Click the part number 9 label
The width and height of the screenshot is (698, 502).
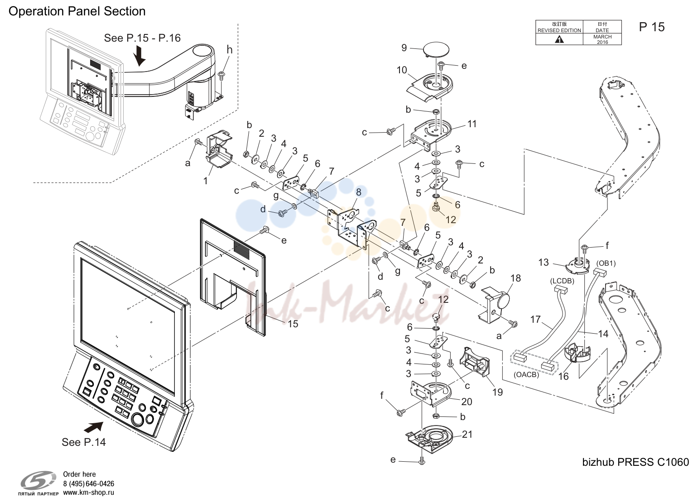pyautogui.click(x=404, y=48)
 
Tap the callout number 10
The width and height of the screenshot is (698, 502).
pyautogui.click(x=402, y=70)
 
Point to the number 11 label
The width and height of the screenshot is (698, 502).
pyautogui.click(x=472, y=124)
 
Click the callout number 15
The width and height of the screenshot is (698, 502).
pyautogui.click(x=293, y=324)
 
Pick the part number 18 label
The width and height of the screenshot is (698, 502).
pyautogui.click(x=516, y=278)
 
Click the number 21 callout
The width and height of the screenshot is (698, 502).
pyautogui.click(x=467, y=434)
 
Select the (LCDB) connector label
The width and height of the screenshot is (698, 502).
pyautogui.click(x=562, y=281)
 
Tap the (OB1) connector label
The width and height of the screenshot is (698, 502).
pyautogui.click(x=606, y=263)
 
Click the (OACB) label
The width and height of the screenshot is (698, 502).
pyautogui.click(x=526, y=375)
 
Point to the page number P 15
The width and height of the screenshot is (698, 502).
pyautogui.click(x=652, y=27)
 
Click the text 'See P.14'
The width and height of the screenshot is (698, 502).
pyautogui.click(x=83, y=442)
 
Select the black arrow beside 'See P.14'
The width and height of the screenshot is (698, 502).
pyautogui.click(x=93, y=427)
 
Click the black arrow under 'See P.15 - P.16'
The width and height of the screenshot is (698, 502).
pyautogui.click(x=140, y=57)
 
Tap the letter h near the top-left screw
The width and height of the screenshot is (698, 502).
pyautogui.click(x=230, y=50)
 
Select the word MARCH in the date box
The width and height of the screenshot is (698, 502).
pyautogui.click(x=602, y=37)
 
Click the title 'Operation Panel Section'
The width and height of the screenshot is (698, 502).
pyautogui.click(x=77, y=11)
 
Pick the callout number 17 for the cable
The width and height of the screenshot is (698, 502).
pyautogui.click(x=535, y=319)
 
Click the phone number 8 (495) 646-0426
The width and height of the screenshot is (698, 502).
pyautogui.click(x=88, y=483)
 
